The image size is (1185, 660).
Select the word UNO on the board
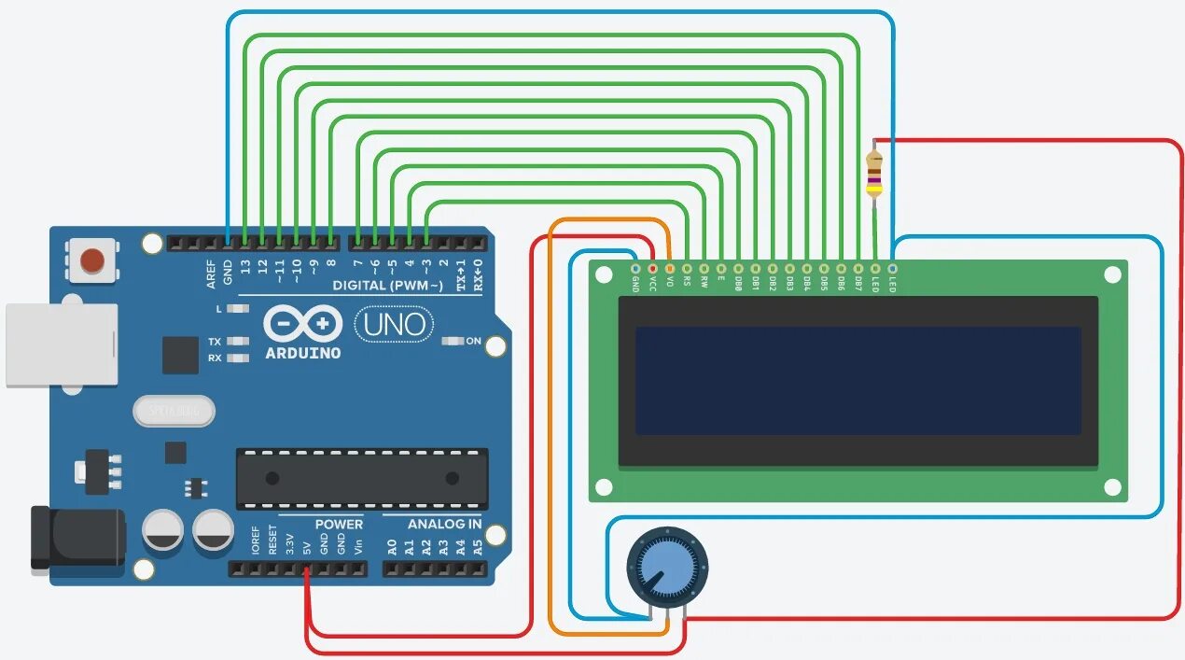pos(395,325)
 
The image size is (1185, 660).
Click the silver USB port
pos(62,344)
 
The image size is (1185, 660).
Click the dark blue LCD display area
pos(857,380)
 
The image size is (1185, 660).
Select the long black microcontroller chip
pos(361,478)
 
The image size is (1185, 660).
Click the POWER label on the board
pos(338,525)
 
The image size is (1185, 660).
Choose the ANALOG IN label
pos(444,525)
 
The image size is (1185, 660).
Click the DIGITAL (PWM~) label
pos(387,286)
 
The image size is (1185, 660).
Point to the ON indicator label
pos(473,342)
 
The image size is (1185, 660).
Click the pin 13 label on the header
pos(245,269)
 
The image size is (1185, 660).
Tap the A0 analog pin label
pos(393,547)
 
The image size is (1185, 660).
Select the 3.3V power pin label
pos(289,543)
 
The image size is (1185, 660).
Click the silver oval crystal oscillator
pos(174,410)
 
